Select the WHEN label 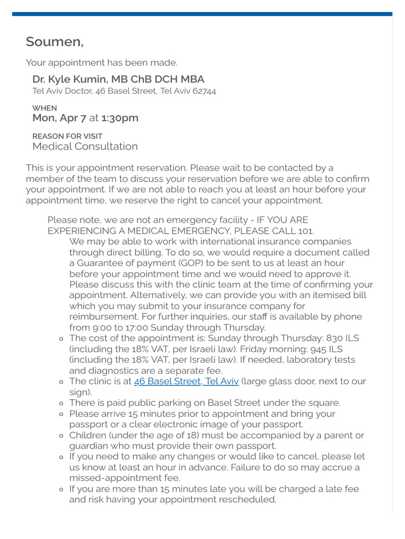[44, 108]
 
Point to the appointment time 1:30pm [120, 118]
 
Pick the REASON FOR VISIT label [67, 136]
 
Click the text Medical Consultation [85, 146]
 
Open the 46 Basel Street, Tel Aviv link [186, 381]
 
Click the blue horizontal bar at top [202, 14]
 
